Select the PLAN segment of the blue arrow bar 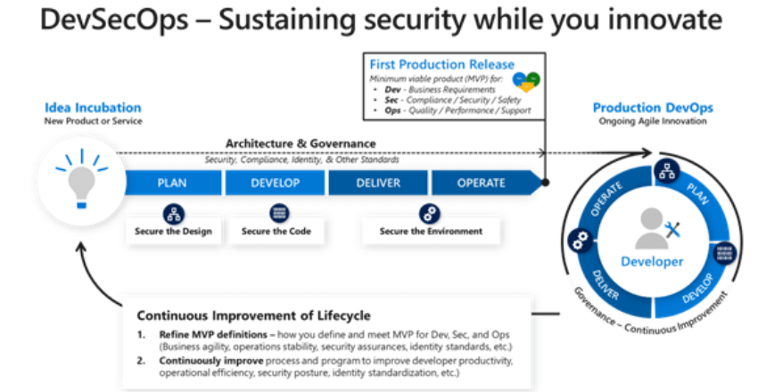(x=172, y=183)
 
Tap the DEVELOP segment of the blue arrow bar (x=276, y=183)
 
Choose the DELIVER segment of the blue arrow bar (x=378, y=183)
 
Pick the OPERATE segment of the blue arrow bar (x=482, y=183)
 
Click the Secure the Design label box (x=173, y=232)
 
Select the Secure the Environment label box (x=431, y=232)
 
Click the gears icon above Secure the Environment (x=430, y=213)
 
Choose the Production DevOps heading (x=653, y=108)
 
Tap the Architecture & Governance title (x=301, y=143)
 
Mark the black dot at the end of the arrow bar (x=546, y=183)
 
